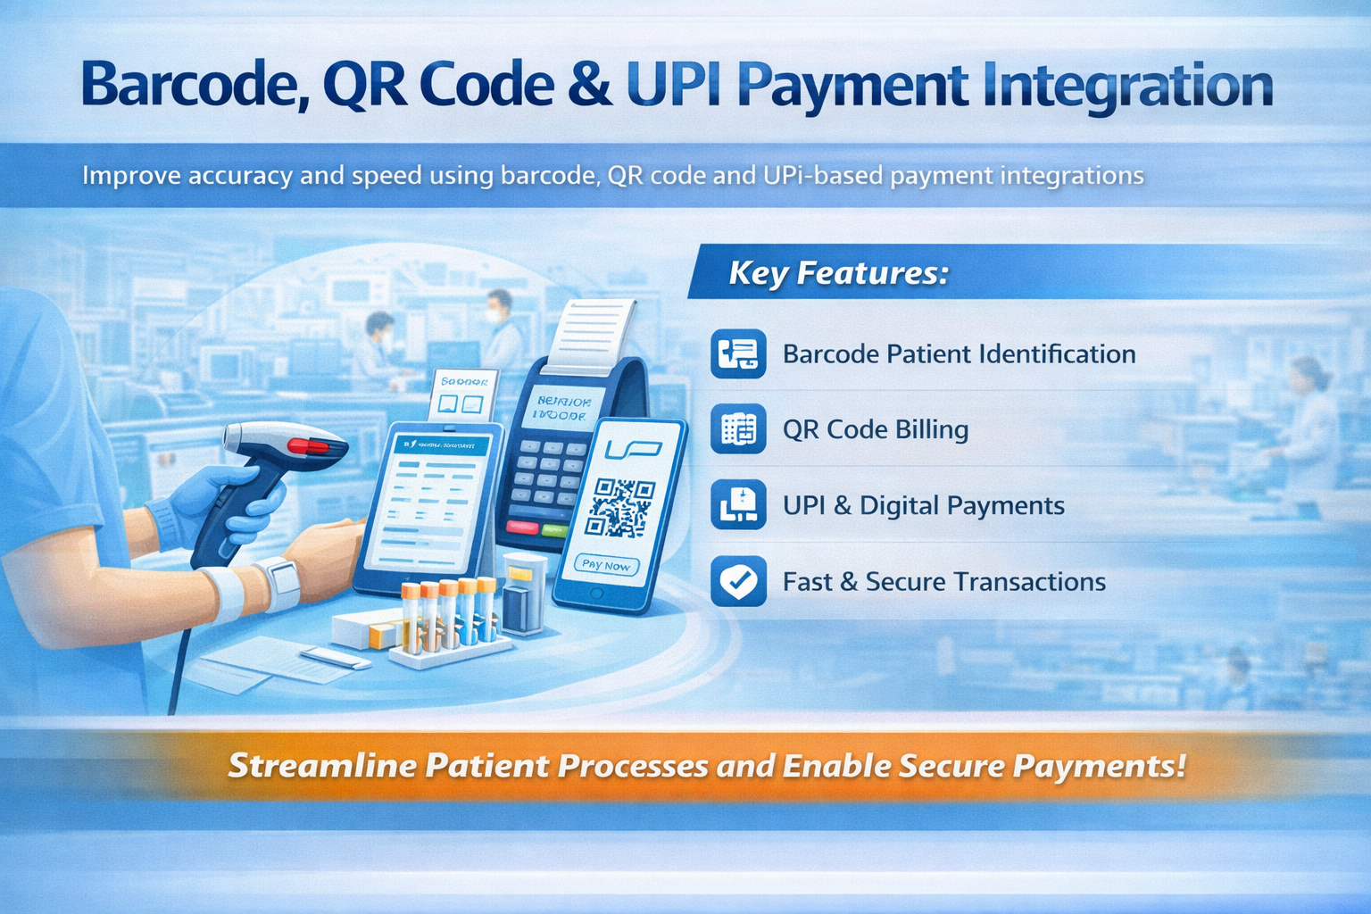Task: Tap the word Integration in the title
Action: point(1127,87)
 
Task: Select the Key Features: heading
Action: point(838,272)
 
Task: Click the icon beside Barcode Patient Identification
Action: point(738,353)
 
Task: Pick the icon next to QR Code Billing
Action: point(738,429)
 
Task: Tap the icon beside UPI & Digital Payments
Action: point(738,505)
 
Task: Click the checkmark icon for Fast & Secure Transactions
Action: point(738,581)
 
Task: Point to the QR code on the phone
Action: point(620,507)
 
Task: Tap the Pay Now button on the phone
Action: point(606,565)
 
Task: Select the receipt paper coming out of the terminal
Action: point(593,335)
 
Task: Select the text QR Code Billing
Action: point(875,429)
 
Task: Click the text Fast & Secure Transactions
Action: point(943,582)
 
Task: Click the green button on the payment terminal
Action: point(554,530)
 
